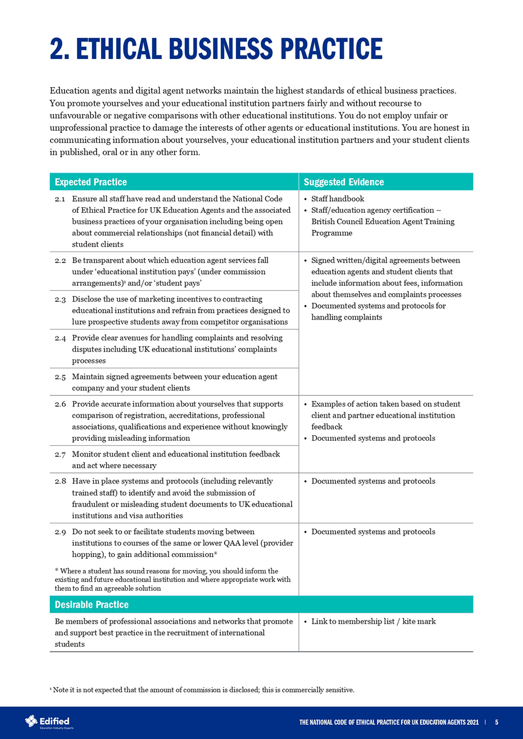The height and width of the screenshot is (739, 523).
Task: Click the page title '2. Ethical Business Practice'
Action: click(x=216, y=49)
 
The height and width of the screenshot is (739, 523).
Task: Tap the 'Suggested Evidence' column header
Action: click(x=344, y=182)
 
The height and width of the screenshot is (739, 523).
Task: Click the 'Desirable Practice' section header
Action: click(x=92, y=604)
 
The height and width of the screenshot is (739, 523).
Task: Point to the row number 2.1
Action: click(x=60, y=199)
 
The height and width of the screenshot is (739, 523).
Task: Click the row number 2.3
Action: click(x=60, y=299)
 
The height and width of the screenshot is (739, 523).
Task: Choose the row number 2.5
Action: click(x=60, y=377)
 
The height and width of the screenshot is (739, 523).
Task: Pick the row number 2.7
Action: click(x=60, y=454)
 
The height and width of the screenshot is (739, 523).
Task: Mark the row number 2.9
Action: click(x=60, y=531)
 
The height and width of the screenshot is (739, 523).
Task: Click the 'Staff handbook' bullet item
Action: click(x=338, y=199)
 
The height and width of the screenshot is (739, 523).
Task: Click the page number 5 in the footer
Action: click(x=497, y=722)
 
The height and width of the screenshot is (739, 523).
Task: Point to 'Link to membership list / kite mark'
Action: click(x=374, y=621)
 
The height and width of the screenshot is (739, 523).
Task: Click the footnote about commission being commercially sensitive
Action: click(x=202, y=690)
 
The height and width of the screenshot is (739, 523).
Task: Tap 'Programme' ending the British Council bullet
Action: click(x=332, y=233)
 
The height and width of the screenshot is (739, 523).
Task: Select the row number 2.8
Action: click(x=60, y=481)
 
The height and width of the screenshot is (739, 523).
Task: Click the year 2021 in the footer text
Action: click(x=472, y=722)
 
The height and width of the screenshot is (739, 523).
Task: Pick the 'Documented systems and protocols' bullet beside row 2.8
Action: click(x=373, y=481)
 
